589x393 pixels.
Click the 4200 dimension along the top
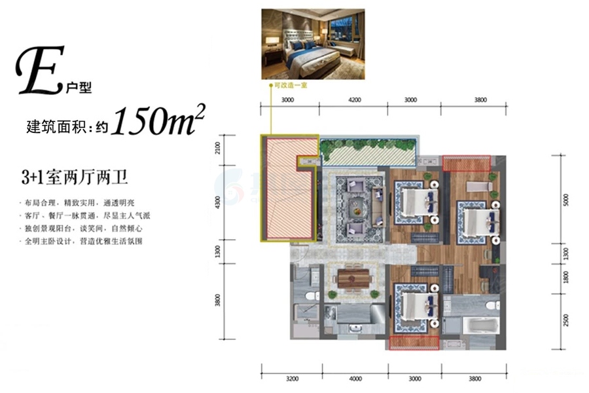354,100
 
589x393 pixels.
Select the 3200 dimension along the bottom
292,378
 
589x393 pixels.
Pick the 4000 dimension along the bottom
355,378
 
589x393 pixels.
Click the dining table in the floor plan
354,280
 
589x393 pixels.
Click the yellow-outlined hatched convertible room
289,187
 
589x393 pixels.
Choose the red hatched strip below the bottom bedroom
413,341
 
